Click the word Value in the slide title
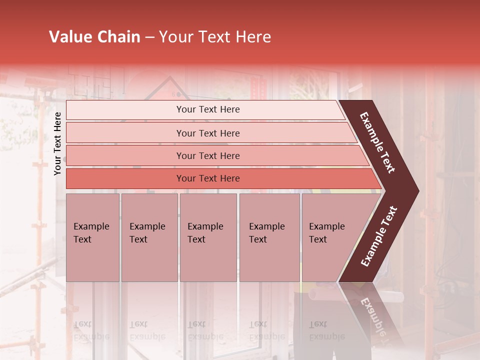[x=70, y=37]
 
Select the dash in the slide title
[x=149, y=37]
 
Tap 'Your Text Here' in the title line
[x=215, y=37]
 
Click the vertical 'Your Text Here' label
[x=57, y=144]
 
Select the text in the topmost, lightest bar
[x=208, y=109]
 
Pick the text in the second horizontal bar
[x=208, y=133]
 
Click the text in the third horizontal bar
[x=208, y=156]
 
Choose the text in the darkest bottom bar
[x=208, y=178]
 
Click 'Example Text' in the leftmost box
[x=91, y=233]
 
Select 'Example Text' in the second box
[x=147, y=233]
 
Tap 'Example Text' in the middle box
[x=205, y=233]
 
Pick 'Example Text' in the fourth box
[x=266, y=233]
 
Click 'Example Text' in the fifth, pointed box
[x=326, y=233]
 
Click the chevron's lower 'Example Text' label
[x=379, y=236]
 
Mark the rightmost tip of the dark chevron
[x=418, y=190]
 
